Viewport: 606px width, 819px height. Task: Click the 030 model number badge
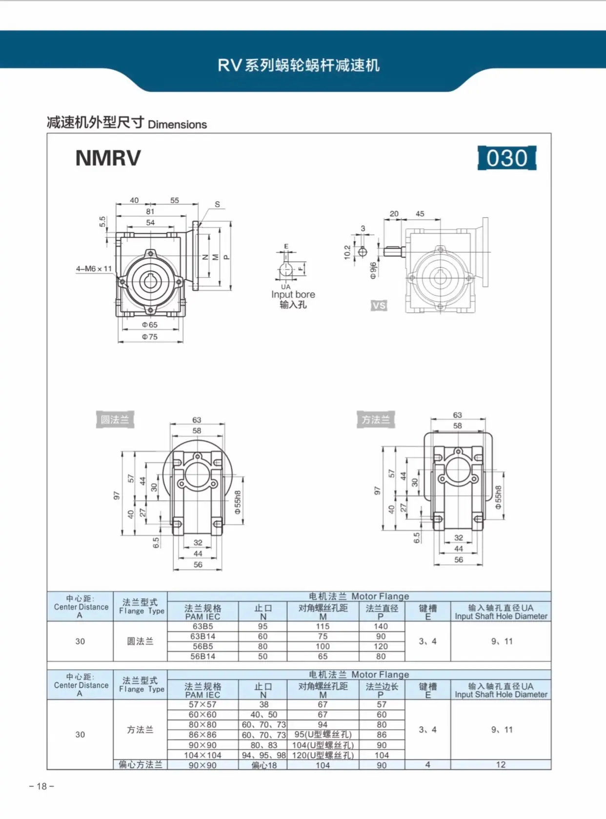[x=506, y=158]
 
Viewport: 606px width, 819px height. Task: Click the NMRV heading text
[x=108, y=158]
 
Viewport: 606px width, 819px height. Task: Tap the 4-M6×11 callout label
[x=94, y=268]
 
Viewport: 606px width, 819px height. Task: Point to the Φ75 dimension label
[x=150, y=337]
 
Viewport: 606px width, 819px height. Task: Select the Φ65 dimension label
[x=150, y=325]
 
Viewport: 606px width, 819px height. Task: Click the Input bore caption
[x=293, y=294]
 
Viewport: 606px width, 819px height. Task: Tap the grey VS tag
[x=379, y=306]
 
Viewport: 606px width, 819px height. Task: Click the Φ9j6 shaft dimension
[x=373, y=271]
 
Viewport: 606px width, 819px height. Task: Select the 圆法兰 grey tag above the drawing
[x=115, y=419]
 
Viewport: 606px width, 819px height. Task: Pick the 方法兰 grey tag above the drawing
[x=376, y=419]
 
